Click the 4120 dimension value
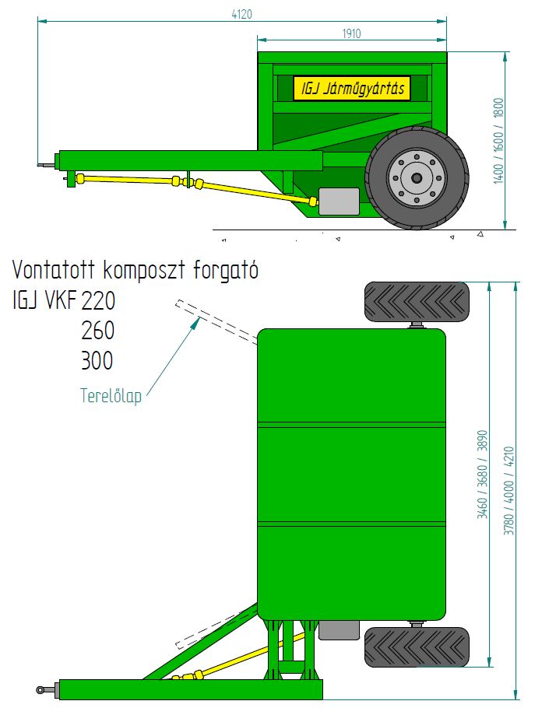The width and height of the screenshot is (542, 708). [242, 14]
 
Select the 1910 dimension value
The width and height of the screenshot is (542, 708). [351, 33]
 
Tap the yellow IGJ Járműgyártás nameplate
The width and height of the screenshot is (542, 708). [352, 88]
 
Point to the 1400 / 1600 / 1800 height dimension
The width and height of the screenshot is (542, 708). [498, 140]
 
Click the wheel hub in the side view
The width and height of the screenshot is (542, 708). [417, 177]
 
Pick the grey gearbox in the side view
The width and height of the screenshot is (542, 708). [339, 202]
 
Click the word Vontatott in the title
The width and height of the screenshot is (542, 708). [54, 269]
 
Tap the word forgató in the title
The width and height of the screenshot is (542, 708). [226, 271]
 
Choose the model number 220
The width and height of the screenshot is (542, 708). [98, 301]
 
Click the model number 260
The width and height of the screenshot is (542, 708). [98, 331]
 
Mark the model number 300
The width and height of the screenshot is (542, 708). [97, 360]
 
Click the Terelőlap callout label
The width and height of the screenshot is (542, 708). [111, 395]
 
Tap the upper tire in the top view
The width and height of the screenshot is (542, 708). [417, 302]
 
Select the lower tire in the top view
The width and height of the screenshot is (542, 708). [417, 647]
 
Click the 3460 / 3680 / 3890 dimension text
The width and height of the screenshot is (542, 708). [483, 475]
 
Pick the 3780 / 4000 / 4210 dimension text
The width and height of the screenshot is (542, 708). [509, 491]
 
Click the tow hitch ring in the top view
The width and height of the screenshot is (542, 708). [41, 690]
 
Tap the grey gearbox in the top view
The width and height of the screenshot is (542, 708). [339, 630]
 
